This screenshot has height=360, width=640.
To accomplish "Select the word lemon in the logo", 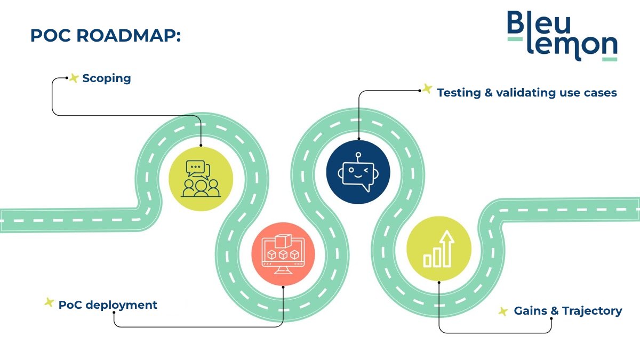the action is pos(572,46).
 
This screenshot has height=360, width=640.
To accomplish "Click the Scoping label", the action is pos(107,78).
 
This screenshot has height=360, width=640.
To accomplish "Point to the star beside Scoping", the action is pos(74,78).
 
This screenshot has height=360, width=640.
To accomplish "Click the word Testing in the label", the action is pos(459,93).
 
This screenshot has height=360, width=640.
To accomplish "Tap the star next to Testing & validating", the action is pos(427,89).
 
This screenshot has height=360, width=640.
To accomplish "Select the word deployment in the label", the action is pos(122,305).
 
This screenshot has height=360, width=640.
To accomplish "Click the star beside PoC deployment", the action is pos(49,302).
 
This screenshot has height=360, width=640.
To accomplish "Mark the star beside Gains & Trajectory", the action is pos(503,311).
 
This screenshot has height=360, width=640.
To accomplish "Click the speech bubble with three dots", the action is pos(195,168).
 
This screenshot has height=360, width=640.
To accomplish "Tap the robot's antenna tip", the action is pos(358,155).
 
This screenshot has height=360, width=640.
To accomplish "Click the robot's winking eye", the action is pos(366,171).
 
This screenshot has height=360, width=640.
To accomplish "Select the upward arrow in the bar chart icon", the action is pos(447,249).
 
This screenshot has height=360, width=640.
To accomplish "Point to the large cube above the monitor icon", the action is pos(283,241).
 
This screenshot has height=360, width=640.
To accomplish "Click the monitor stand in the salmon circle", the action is pos(283,270).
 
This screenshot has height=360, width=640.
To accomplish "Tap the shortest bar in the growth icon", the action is pos(427,261).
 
